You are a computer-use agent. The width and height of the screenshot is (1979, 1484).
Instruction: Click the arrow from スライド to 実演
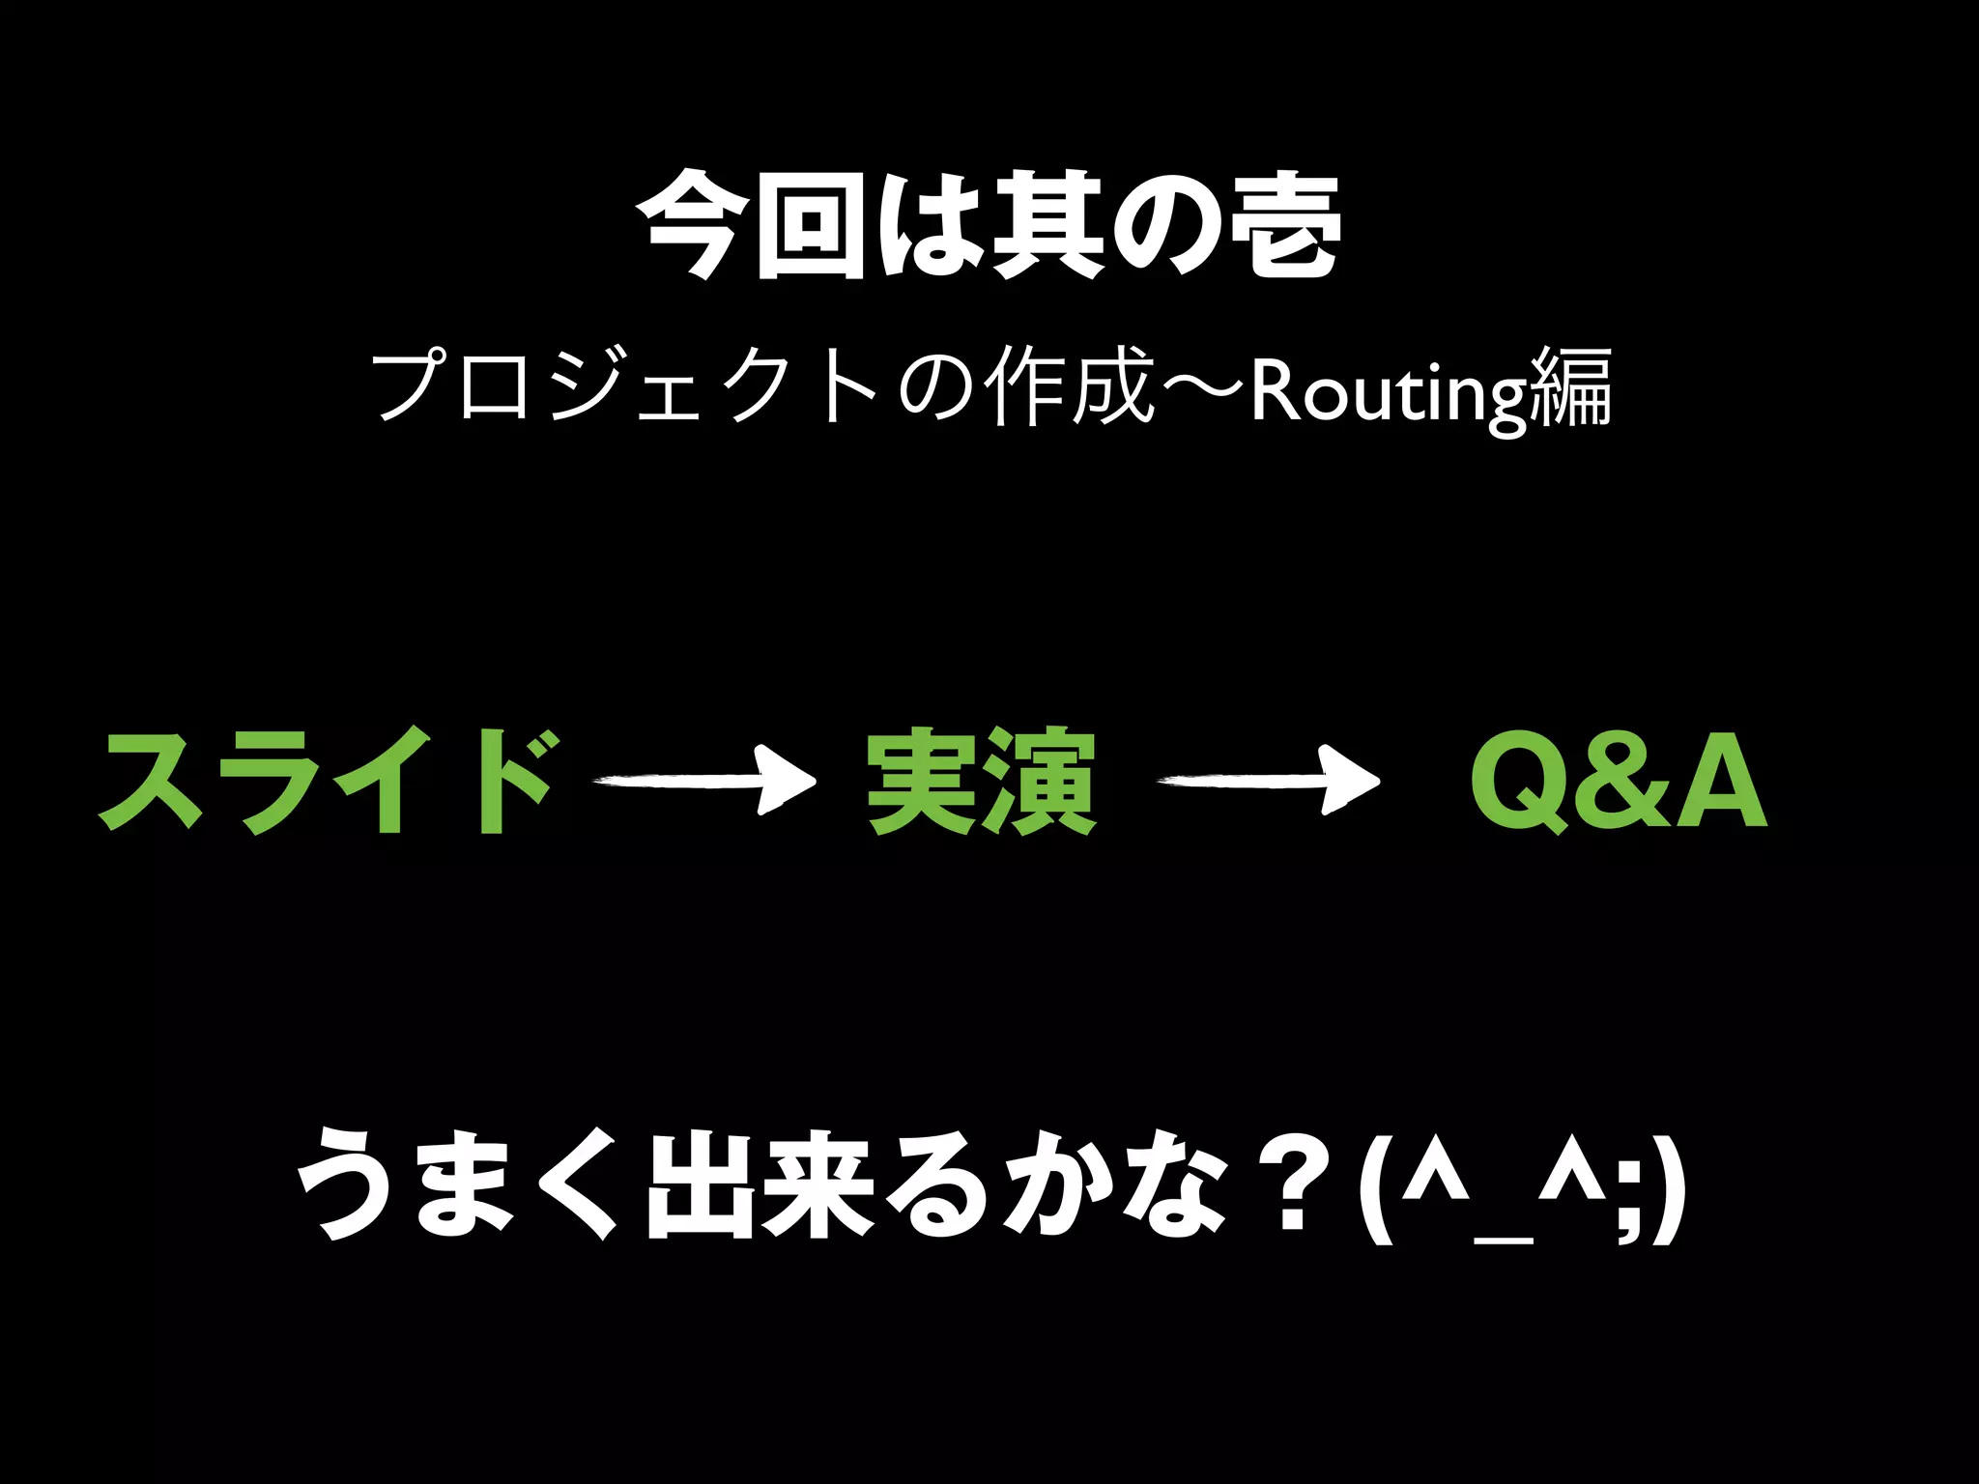pos(705,781)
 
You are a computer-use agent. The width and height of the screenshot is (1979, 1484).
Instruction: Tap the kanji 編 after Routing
pos(1572,388)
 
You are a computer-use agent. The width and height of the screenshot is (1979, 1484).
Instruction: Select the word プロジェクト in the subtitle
pos(623,388)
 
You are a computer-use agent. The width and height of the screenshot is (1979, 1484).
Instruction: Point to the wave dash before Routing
pos(1204,388)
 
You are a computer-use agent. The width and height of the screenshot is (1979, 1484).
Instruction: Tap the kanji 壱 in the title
pos(1282,227)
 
